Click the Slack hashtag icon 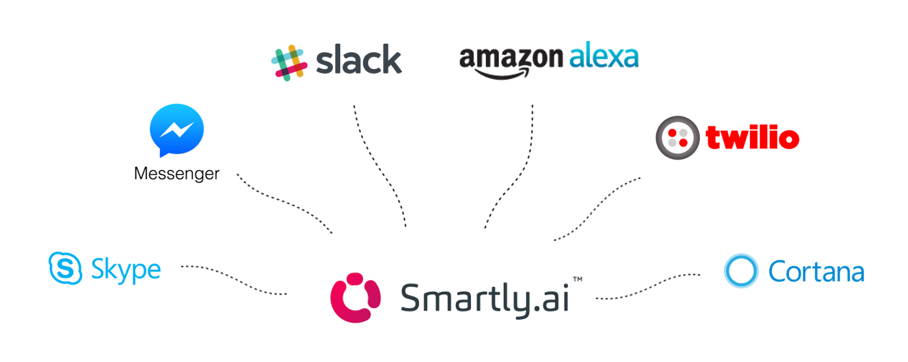coord(289,63)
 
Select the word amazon coord(510,59)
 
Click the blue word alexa coord(604,57)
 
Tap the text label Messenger coord(176,174)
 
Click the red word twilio coord(752,138)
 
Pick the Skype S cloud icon coord(66,268)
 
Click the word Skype coord(126,270)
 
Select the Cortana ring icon coord(741,271)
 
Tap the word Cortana coord(816,271)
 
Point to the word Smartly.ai coord(485,299)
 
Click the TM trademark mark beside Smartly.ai coord(577,279)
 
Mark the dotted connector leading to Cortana coord(650,288)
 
